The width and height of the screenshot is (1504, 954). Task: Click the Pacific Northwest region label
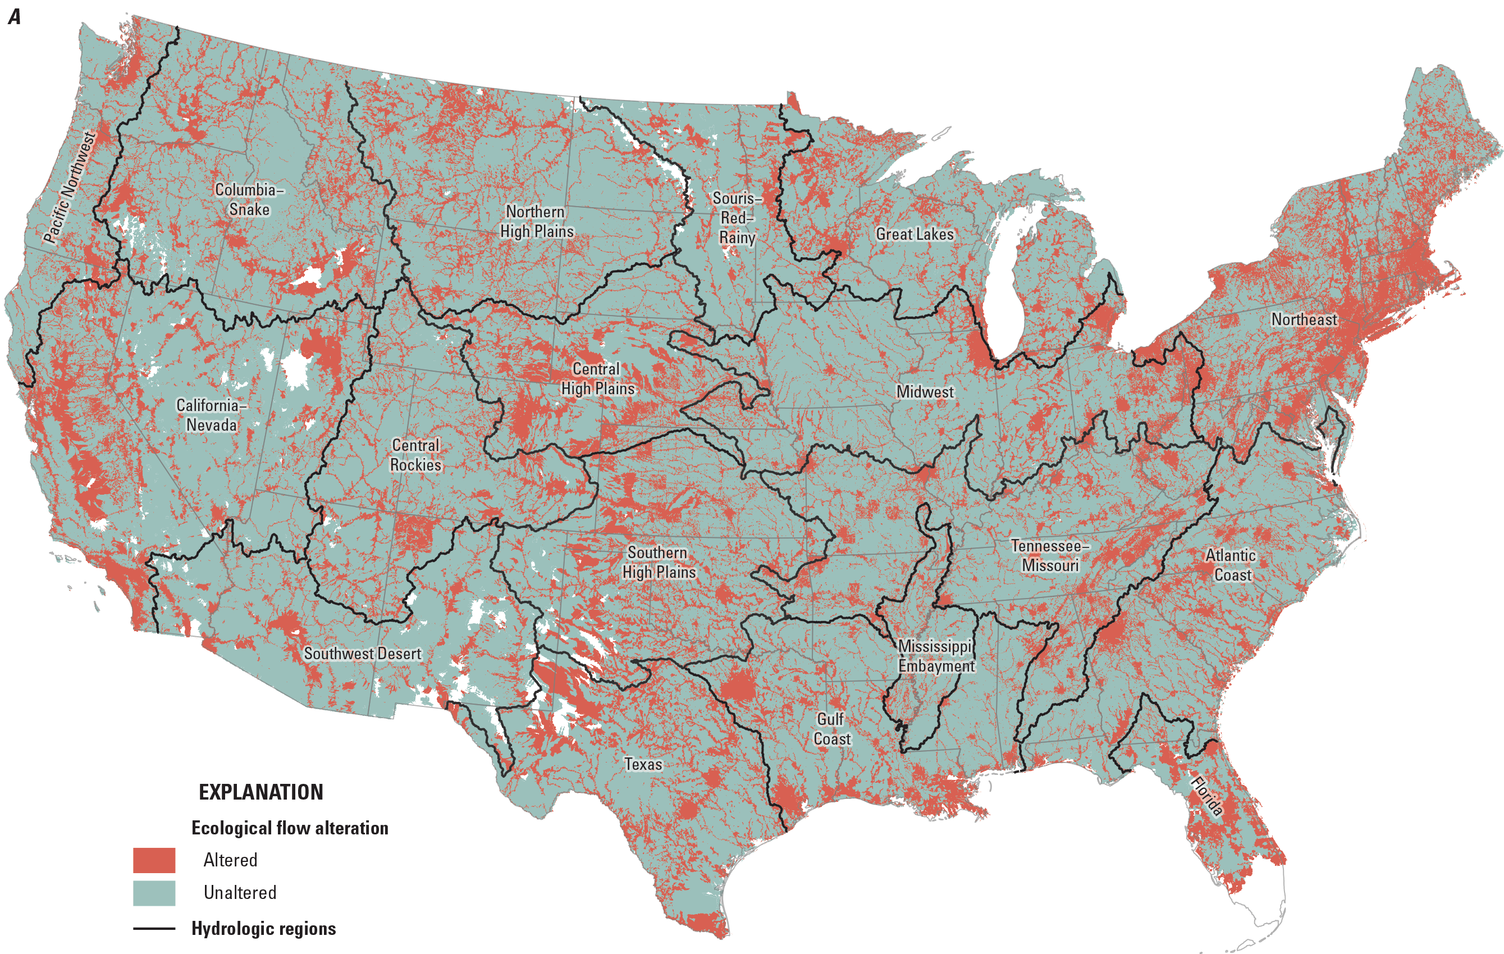pyautogui.click(x=69, y=187)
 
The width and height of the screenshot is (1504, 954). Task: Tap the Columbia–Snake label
pyautogui.click(x=249, y=199)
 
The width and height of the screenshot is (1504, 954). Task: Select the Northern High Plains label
pyautogui.click(x=536, y=221)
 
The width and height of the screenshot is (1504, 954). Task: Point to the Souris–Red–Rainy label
pyautogui.click(x=737, y=217)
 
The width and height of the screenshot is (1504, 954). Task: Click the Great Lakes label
pyautogui.click(x=915, y=234)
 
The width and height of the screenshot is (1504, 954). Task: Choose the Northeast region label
pyautogui.click(x=1304, y=319)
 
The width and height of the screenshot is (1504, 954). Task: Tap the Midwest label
pyautogui.click(x=925, y=392)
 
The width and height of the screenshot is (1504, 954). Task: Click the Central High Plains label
pyautogui.click(x=597, y=378)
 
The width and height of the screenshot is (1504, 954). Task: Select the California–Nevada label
pyautogui.click(x=211, y=415)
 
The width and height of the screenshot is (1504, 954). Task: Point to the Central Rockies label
pyautogui.click(x=415, y=455)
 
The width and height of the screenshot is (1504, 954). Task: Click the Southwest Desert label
pyautogui.click(x=362, y=654)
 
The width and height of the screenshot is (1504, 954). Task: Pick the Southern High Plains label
pyautogui.click(x=659, y=562)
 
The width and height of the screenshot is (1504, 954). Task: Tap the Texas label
pyautogui.click(x=643, y=764)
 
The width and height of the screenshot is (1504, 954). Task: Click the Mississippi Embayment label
pyautogui.click(x=936, y=656)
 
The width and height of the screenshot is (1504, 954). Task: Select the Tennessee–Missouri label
pyautogui.click(x=1050, y=555)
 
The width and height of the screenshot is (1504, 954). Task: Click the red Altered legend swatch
pyautogui.click(x=154, y=860)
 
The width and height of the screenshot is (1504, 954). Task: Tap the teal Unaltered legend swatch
pyautogui.click(x=154, y=893)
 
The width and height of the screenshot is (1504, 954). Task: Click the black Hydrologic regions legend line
pyautogui.click(x=154, y=928)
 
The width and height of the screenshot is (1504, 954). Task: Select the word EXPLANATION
pyautogui.click(x=261, y=792)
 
